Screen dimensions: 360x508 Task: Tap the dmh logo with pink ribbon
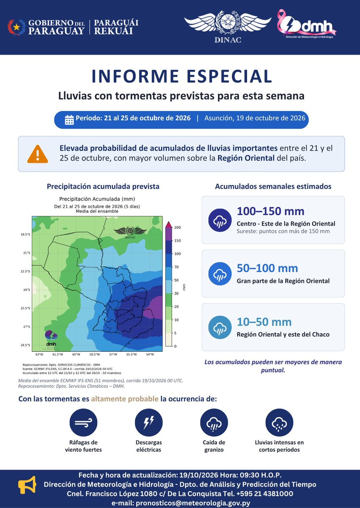point(307,24)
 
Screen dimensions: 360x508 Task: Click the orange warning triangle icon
point(38,154)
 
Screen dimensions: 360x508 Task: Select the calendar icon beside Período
point(69,120)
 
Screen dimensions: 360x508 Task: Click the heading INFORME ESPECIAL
point(182,76)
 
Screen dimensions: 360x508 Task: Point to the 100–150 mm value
point(270,211)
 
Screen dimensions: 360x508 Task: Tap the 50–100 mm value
point(267,268)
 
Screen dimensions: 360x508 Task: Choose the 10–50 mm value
point(264,322)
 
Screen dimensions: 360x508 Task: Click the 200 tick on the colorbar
point(177,227)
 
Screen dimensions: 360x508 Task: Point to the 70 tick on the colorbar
point(176,267)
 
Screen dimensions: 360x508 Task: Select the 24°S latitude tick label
point(27,290)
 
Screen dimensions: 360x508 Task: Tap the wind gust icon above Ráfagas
point(83,422)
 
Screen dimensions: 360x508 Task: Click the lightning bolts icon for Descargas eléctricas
point(148,422)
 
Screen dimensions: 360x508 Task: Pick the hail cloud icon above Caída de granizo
point(214,422)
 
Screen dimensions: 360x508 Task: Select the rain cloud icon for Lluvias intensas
point(279,422)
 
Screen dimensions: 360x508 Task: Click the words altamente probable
point(125,399)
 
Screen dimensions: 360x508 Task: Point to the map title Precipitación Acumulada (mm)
point(97,199)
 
